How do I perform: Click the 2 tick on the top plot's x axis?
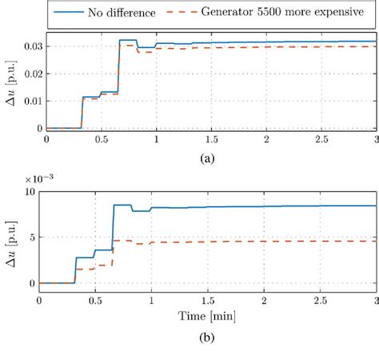click(265, 140)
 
